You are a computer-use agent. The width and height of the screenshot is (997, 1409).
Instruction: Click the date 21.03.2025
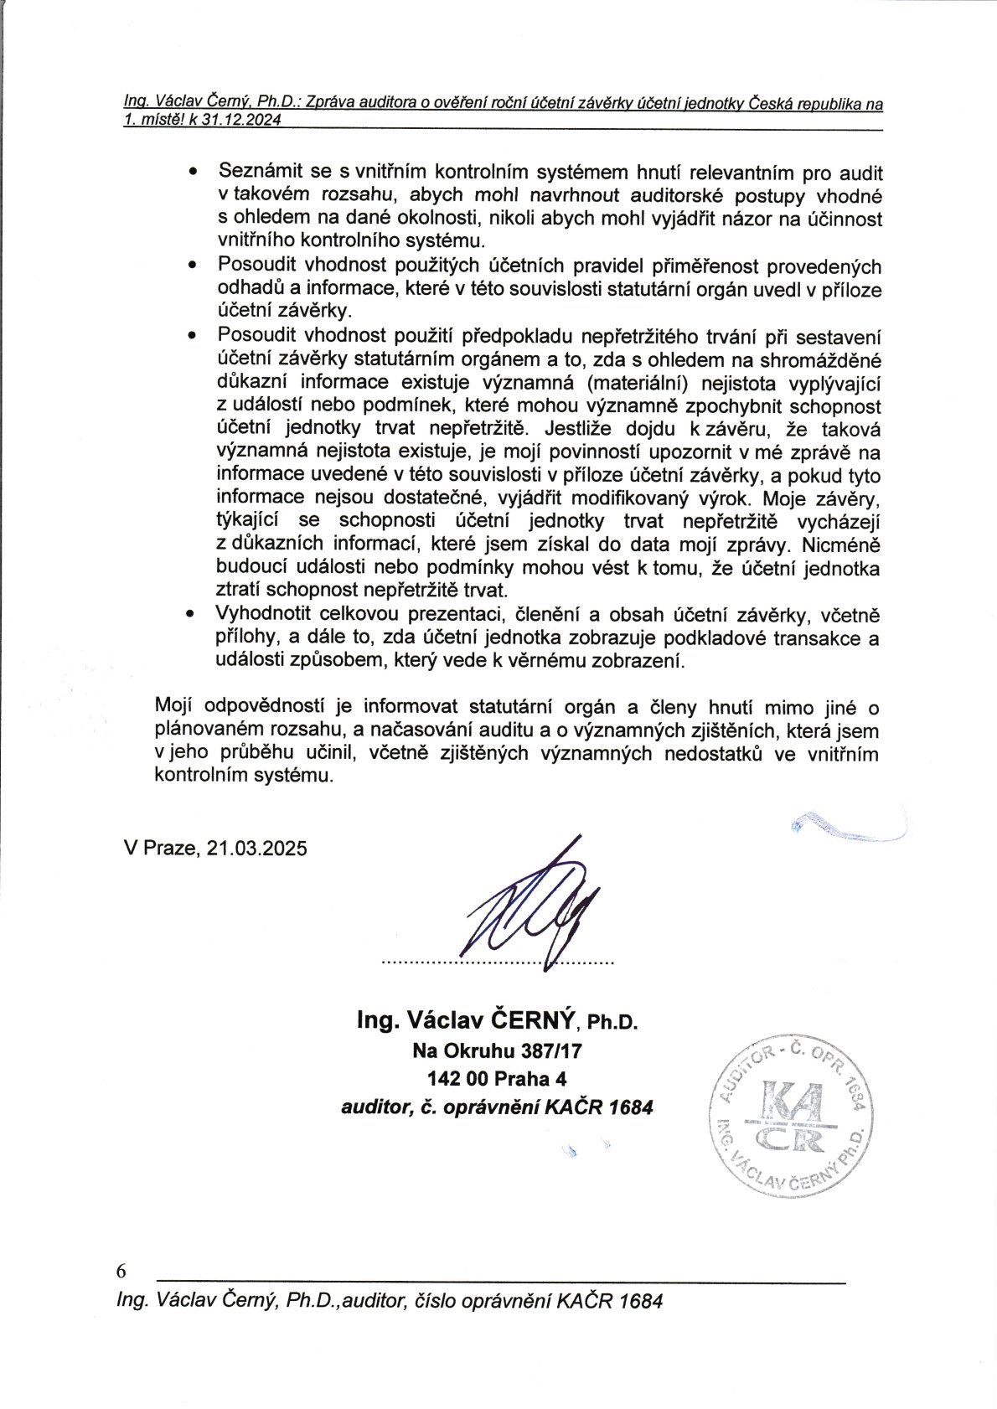click(x=257, y=848)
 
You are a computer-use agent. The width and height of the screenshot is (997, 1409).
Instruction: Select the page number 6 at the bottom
click(x=121, y=1271)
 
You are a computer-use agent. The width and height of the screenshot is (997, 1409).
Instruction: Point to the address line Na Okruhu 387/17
click(x=497, y=1050)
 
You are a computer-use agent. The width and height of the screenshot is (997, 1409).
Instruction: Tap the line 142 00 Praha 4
click(x=497, y=1078)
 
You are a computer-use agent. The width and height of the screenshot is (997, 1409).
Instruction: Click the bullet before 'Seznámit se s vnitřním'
click(x=194, y=172)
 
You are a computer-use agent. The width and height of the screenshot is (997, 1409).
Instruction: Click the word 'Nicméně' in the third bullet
click(x=840, y=545)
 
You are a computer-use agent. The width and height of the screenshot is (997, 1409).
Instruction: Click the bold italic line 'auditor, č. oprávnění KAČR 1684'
click(x=497, y=1107)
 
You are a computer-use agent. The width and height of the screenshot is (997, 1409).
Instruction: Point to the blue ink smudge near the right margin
click(x=846, y=826)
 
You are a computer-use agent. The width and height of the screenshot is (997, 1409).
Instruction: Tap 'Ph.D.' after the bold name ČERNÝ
click(x=612, y=1022)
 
